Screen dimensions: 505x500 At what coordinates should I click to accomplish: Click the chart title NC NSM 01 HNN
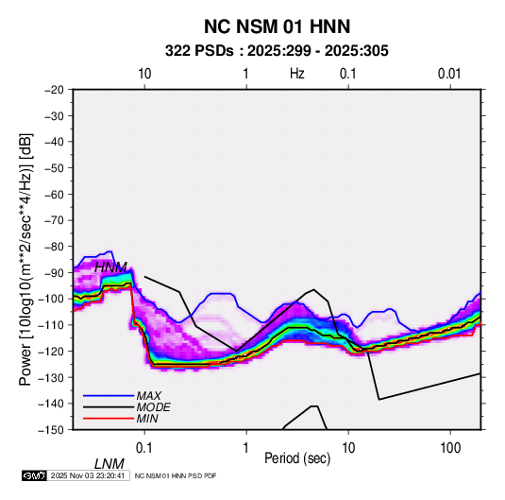click(x=277, y=26)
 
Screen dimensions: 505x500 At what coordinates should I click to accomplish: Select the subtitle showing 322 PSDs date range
click(x=277, y=51)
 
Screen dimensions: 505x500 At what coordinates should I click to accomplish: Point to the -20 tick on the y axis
click(x=54, y=90)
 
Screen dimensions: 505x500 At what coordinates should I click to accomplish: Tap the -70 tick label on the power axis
click(x=54, y=220)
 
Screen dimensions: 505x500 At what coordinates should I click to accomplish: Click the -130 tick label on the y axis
click(x=51, y=377)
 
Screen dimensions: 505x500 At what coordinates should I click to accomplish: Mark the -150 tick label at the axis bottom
click(x=51, y=430)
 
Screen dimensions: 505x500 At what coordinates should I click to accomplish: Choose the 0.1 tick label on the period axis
click(x=144, y=448)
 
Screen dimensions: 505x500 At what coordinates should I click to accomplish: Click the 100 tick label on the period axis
click(x=450, y=448)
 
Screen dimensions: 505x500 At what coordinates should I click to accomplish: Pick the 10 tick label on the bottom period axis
click(x=347, y=448)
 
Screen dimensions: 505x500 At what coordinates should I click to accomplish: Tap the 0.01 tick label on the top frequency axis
click(x=449, y=74)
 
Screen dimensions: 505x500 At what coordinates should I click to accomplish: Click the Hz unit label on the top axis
click(x=297, y=74)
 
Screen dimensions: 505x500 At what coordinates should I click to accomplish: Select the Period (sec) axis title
click(x=297, y=458)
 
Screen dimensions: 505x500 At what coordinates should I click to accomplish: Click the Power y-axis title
click(x=25, y=259)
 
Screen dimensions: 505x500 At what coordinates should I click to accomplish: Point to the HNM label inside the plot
click(x=110, y=267)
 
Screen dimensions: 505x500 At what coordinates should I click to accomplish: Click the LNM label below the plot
click(x=109, y=464)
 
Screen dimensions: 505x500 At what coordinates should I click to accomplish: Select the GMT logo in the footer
click(x=35, y=475)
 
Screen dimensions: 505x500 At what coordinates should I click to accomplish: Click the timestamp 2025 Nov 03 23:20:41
click(x=88, y=475)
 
